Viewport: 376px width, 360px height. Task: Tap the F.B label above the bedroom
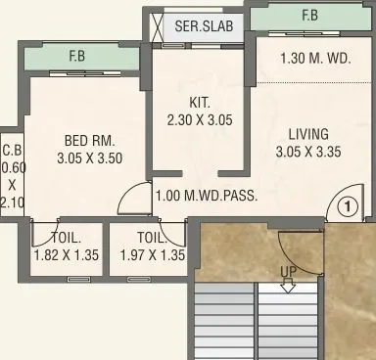[75, 56]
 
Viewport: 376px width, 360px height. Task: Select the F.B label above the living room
[309, 16]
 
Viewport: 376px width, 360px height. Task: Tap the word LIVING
[307, 134]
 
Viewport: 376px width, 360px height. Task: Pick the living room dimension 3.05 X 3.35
[307, 152]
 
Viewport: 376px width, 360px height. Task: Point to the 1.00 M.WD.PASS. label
[207, 195]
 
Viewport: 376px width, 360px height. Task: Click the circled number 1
[345, 206]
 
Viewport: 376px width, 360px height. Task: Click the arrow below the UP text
[288, 285]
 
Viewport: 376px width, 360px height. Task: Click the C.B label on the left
[11, 151]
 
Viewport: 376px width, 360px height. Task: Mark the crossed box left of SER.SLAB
[157, 26]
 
